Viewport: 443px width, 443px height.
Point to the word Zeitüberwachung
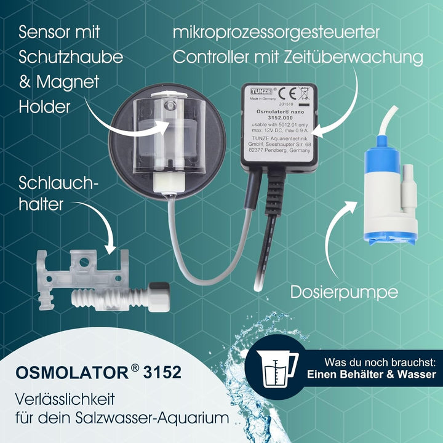coord(353,57)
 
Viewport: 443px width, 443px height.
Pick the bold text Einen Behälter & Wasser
coord(372,374)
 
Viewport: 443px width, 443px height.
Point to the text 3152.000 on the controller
coord(274,118)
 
